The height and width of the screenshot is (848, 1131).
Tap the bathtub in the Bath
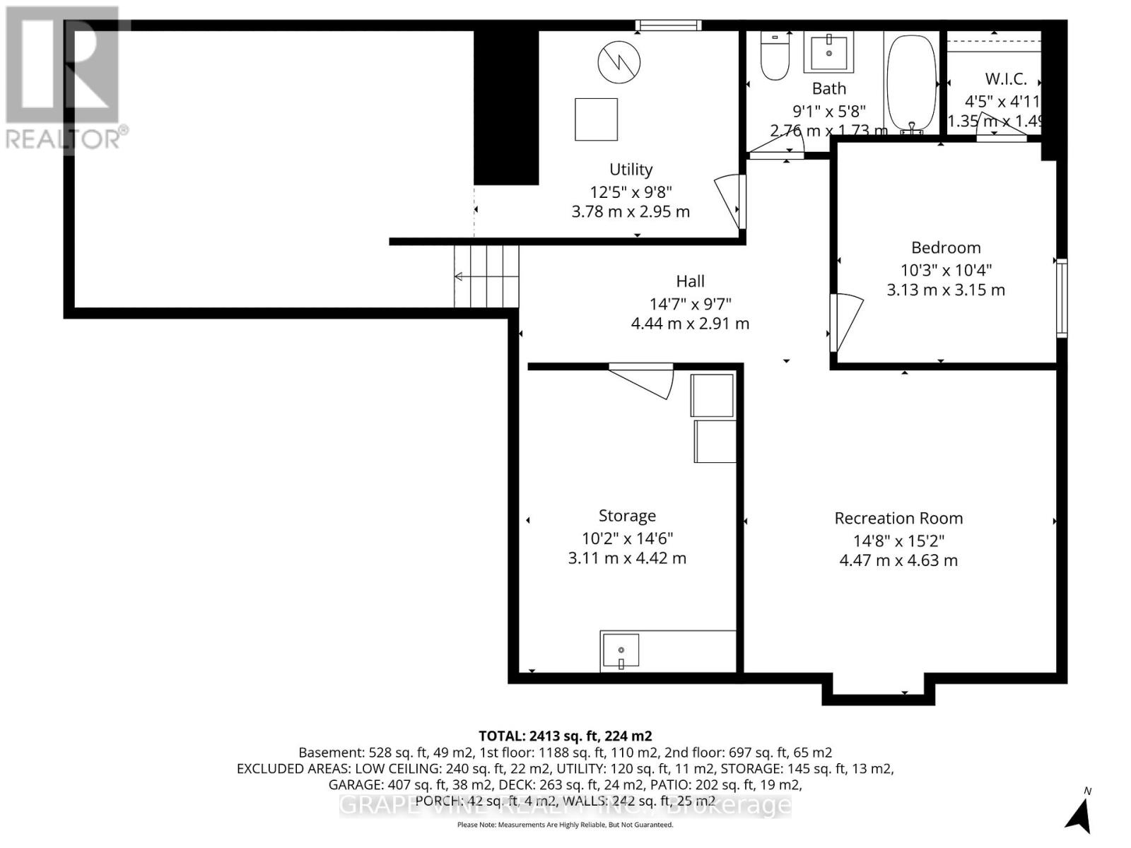point(911,81)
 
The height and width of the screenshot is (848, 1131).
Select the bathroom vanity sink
point(828,52)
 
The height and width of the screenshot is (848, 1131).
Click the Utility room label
point(631,170)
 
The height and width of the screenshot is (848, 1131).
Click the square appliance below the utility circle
point(596,119)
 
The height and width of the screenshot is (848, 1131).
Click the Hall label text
point(690,281)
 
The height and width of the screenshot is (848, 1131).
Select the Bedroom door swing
point(847,322)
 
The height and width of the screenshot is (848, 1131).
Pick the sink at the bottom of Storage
point(620,651)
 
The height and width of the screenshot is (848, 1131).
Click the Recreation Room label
point(898,518)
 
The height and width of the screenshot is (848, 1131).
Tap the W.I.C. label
point(1005,79)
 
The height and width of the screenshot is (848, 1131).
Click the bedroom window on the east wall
point(1061,298)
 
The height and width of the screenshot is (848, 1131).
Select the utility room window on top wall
point(668,26)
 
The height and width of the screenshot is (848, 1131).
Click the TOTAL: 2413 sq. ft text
point(565,736)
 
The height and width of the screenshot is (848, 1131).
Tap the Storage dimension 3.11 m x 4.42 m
point(627,558)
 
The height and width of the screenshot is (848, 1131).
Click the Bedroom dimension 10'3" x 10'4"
point(946,270)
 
